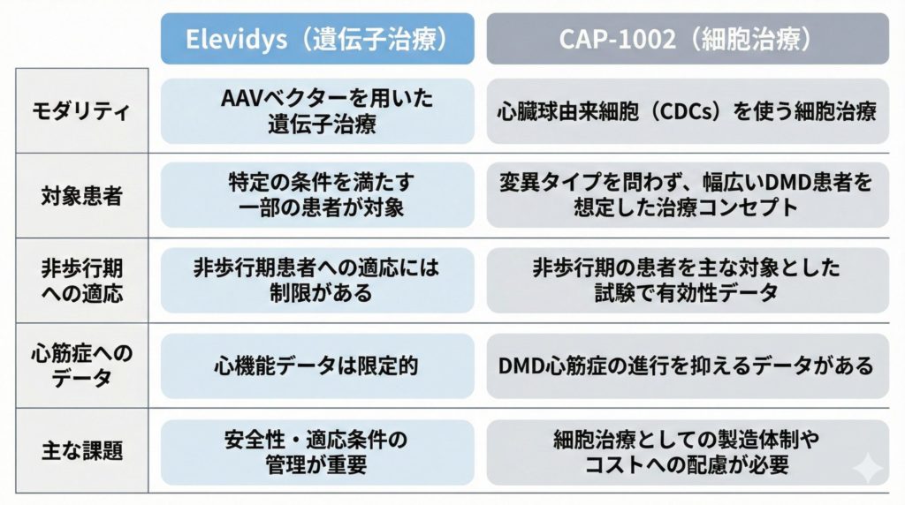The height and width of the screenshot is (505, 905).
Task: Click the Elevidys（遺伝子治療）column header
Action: (x=316, y=40)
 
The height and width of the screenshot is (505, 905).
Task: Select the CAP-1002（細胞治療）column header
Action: (x=688, y=40)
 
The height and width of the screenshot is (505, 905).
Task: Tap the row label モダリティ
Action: (x=81, y=112)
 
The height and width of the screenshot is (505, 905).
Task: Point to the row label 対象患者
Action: (x=81, y=195)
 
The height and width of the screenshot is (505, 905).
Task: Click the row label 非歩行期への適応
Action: (x=81, y=280)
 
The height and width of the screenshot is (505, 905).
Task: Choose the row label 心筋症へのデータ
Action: (x=81, y=366)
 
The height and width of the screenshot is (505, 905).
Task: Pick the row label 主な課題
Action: (x=81, y=450)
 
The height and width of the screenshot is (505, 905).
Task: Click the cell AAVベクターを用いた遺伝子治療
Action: (x=316, y=111)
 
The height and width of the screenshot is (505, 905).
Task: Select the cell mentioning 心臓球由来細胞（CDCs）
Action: (x=688, y=112)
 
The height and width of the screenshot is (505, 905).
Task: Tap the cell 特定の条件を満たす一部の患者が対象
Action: (x=316, y=195)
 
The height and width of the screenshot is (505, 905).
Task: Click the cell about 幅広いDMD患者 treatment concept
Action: (x=688, y=195)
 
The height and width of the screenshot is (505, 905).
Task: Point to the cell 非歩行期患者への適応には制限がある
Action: (x=316, y=280)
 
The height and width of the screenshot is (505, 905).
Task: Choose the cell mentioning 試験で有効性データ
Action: (x=688, y=280)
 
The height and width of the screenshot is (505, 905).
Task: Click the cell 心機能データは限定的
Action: (x=316, y=365)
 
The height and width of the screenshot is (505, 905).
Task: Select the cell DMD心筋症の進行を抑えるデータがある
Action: (x=688, y=365)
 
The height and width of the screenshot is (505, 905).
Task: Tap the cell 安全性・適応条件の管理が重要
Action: (x=316, y=450)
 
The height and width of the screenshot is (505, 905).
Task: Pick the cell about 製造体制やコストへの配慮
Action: (x=688, y=450)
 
